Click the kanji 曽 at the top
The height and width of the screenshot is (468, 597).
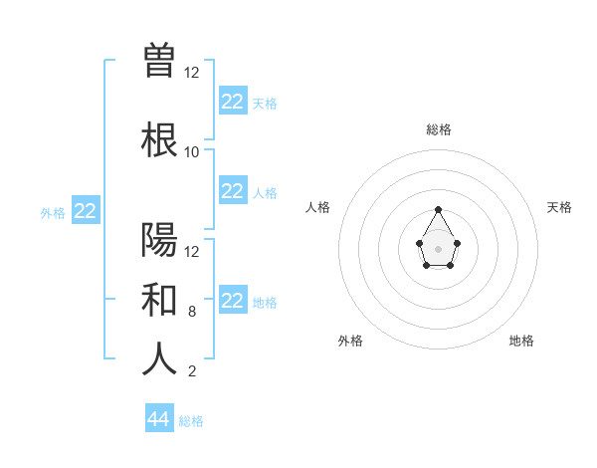(159, 60)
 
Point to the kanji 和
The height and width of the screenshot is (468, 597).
(159, 299)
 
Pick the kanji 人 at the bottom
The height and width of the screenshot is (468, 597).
(159, 358)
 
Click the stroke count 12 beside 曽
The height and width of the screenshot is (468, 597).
(192, 73)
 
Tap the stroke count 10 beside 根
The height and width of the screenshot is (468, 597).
(192, 152)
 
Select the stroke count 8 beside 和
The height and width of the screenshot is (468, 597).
(192, 312)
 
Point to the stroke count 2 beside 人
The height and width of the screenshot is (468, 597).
(192, 372)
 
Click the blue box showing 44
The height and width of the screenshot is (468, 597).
(159, 419)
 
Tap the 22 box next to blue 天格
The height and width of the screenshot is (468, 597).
(232, 102)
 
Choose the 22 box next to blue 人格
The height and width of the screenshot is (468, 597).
(232, 191)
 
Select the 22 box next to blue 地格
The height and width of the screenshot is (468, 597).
(232, 301)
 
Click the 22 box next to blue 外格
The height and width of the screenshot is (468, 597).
(86, 211)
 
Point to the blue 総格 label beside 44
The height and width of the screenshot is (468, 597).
(191, 421)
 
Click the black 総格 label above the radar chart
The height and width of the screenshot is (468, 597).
(439, 129)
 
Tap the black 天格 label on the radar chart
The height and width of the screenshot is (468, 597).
(559, 207)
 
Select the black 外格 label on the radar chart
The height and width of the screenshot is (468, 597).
(350, 341)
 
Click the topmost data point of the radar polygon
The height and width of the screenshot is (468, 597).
(439, 209)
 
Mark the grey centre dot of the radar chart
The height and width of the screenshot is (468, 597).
(439, 247)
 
